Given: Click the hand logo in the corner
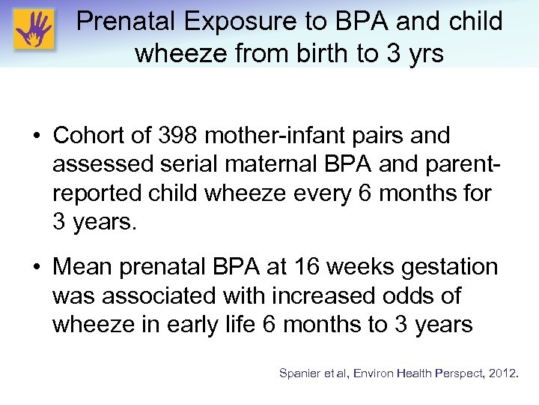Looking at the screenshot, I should (x=33, y=31).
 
